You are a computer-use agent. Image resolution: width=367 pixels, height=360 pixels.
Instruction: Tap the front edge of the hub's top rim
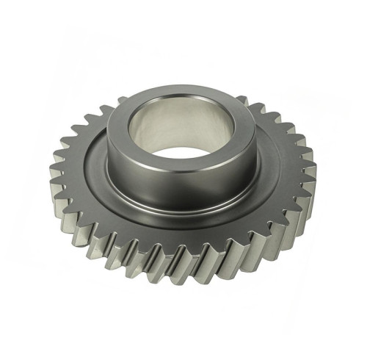point(183,171)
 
